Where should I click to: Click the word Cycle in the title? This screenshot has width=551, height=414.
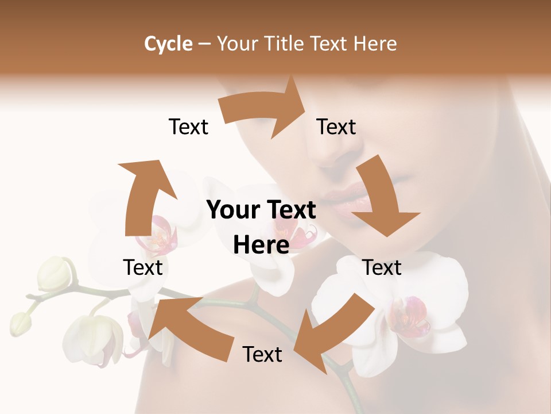coord(168,44)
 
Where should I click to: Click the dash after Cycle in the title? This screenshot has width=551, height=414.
coord(204,44)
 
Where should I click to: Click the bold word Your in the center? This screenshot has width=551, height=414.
coord(230,210)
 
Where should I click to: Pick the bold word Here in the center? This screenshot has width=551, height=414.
coord(261,245)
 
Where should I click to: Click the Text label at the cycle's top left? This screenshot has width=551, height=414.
coord(189,127)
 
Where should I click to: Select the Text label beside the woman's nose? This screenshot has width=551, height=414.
coord(336,127)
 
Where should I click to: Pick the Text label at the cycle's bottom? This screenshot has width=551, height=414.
coord(262,354)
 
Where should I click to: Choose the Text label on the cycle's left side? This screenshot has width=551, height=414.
coord(143,267)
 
